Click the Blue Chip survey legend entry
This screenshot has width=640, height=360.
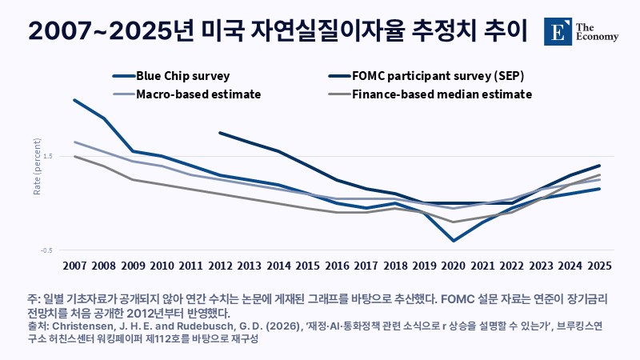coord(171,76)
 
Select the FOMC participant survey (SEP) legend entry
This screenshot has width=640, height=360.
coord(426,76)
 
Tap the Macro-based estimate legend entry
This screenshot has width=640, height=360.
coord(186,94)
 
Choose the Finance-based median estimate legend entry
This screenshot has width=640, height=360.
coord(430,94)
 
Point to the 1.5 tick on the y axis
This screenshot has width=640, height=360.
coord(47,156)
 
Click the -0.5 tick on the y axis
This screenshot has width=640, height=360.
coord(46,250)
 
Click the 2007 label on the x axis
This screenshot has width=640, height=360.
coord(74,266)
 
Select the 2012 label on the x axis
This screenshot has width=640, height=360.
coord(221,266)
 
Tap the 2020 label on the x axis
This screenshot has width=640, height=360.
coord(454,266)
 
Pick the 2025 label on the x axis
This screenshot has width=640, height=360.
coord(599,266)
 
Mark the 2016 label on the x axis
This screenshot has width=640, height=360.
coord(337,266)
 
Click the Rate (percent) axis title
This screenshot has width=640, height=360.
coord(37,166)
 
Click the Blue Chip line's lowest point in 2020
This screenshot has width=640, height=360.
coord(454,241)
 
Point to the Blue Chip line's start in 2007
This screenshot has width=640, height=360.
coord(74,100)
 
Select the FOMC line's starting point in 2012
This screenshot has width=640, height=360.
coord(221,133)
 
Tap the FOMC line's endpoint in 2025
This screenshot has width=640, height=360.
coord(599,166)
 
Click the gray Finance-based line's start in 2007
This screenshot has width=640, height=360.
coord(74,156)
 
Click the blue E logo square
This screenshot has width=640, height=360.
coord(558,31)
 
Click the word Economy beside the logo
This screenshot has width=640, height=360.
coord(597,37)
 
